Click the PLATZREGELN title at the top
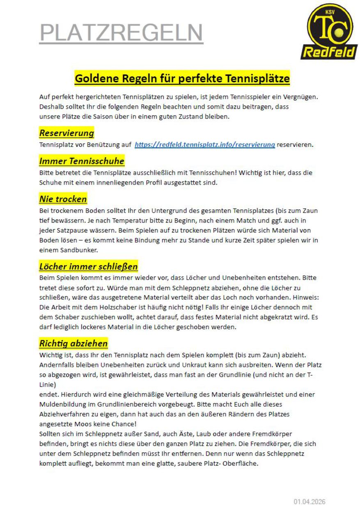point(121,32)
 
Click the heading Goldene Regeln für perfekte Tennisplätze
point(182,78)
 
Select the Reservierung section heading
point(66,133)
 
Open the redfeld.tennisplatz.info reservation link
point(204,144)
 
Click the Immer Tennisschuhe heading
point(82,161)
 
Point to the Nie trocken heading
point(63,199)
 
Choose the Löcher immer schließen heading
point(88,266)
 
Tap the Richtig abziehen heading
point(73,343)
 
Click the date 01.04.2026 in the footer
point(310,502)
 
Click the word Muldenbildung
point(62,404)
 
